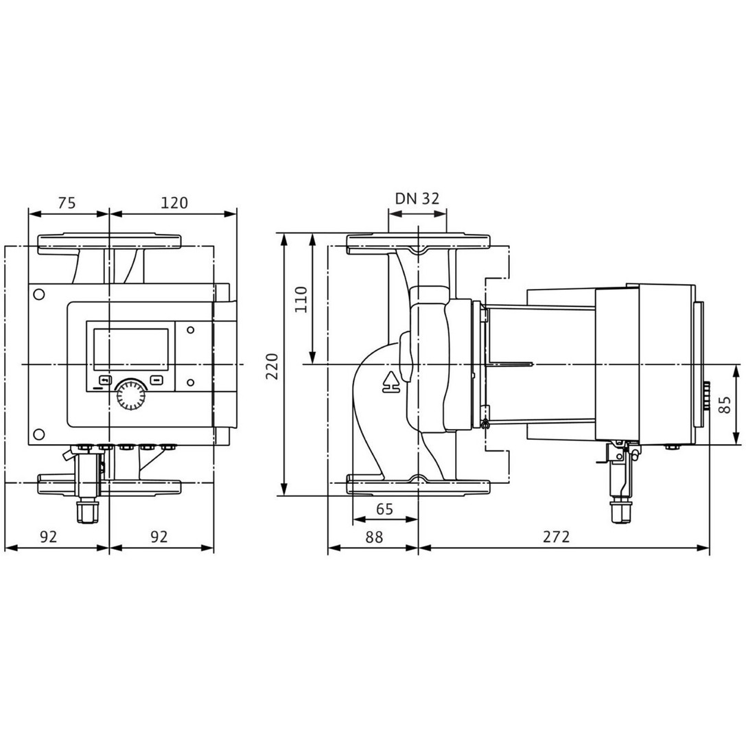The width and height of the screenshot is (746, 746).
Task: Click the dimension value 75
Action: point(67,202)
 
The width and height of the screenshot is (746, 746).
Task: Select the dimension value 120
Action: point(174,202)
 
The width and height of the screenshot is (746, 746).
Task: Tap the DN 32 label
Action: point(417,198)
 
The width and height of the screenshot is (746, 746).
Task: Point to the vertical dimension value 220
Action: point(272,366)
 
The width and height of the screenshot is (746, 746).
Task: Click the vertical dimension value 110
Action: point(301,299)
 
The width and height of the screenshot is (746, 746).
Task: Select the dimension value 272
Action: point(556,537)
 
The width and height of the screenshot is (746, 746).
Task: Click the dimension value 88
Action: point(374,537)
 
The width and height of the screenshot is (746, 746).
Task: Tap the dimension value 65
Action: point(384,509)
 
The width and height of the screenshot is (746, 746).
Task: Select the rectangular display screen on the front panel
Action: point(131,350)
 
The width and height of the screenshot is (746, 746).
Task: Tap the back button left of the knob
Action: point(105,380)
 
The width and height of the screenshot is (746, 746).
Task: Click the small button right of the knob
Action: point(156,380)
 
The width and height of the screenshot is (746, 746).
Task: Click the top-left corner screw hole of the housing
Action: point(39,294)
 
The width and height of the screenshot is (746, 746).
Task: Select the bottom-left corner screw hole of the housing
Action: point(39,434)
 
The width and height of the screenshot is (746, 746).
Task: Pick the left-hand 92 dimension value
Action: point(48,537)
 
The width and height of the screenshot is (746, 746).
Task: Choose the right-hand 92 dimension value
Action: point(159,537)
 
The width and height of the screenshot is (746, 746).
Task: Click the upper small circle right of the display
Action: point(191,329)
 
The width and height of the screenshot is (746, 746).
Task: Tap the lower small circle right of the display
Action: point(191,382)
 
